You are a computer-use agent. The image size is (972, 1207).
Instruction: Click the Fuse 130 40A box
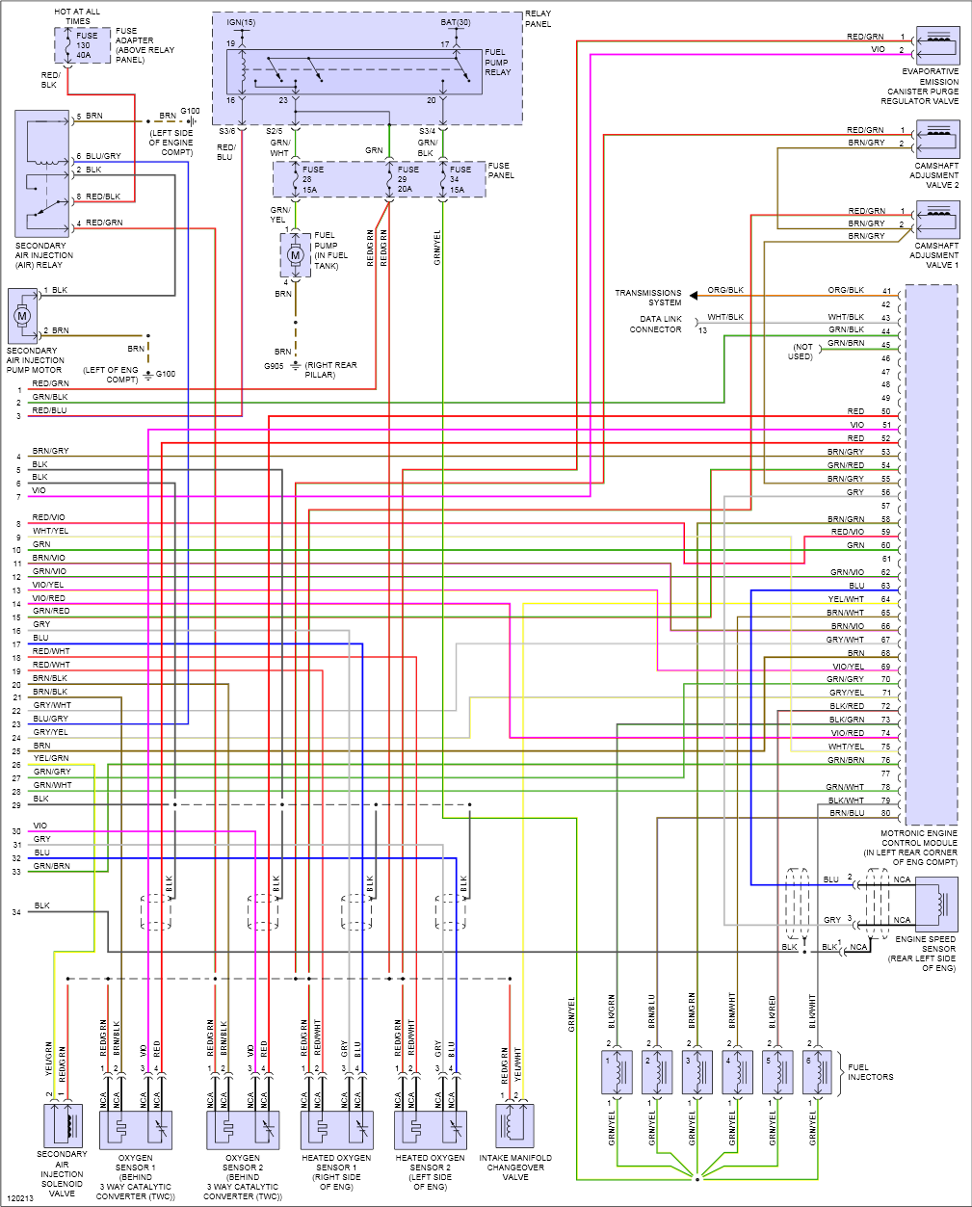(x=82, y=46)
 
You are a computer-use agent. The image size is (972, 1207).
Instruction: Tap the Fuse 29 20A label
(x=408, y=180)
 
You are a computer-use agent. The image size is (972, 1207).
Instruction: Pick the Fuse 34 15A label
(x=460, y=180)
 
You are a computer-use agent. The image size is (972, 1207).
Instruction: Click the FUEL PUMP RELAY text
(x=498, y=63)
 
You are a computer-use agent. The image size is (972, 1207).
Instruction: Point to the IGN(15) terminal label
(x=242, y=21)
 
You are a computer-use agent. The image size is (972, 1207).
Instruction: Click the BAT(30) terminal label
(x=456, y=21)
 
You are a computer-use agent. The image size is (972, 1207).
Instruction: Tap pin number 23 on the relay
(x=283, y=100)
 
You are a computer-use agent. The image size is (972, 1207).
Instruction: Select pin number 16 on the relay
(x=231, y=100)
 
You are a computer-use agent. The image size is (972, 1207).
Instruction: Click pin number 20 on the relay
(x=431, y=100)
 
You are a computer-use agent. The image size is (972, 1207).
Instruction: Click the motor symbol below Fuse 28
(x=296, y=255)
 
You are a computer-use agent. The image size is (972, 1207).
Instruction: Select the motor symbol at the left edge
(x=22, y=315)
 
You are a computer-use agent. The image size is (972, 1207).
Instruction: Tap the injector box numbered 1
(x=617, y=1072)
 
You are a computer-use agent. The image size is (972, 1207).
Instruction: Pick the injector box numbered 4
(x=737, y=1072)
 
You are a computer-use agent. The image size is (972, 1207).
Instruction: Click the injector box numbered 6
(x=817, y=1072)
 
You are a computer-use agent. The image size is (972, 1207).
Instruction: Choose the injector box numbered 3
(x=696, y=1072)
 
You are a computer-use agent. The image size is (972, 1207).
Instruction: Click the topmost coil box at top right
(x=937, y=45)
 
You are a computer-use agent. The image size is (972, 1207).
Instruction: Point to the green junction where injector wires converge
(x=696, y=1176)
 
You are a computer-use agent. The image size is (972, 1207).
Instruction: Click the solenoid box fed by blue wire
(x=936, y=904)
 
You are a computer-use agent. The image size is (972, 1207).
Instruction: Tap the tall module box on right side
(x=931, y=554)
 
